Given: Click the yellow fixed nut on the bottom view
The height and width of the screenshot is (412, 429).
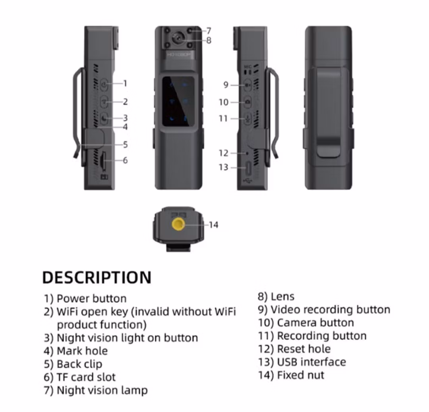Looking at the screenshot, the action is coord(178,224).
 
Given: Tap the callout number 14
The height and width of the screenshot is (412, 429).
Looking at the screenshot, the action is coord(213,225).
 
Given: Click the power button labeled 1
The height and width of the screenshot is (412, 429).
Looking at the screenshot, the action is coord(104,85).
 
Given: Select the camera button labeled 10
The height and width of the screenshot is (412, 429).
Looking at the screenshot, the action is coord(248,102).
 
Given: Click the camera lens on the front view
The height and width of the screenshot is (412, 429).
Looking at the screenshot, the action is coord(178,39).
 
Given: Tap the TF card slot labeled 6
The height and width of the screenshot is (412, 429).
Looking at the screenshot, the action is coord(103,160).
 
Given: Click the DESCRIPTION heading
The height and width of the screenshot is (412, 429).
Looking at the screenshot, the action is coord(97,277).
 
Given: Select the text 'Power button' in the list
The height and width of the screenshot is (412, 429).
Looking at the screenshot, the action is coord(91,298).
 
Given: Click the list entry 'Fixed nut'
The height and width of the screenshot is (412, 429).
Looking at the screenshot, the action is coord(300,375).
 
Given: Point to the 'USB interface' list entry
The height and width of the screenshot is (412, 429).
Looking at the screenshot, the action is coord(311,362).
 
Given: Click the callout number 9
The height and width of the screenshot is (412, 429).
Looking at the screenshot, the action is coord(226,85).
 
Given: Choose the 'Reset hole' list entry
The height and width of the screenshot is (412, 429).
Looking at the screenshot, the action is coord(304,349).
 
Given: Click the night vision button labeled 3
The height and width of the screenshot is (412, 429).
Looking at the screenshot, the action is coord(104,118).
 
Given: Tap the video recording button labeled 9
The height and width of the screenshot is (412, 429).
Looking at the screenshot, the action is coord(248,85).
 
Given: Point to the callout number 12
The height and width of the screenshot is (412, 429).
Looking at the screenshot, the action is coord(223,153).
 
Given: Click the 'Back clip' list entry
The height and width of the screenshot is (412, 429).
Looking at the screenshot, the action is coord(79,364).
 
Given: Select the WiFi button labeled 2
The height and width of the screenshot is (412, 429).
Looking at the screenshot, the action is coord(104,102).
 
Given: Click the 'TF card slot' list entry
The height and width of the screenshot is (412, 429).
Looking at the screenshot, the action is coord(86,377).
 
